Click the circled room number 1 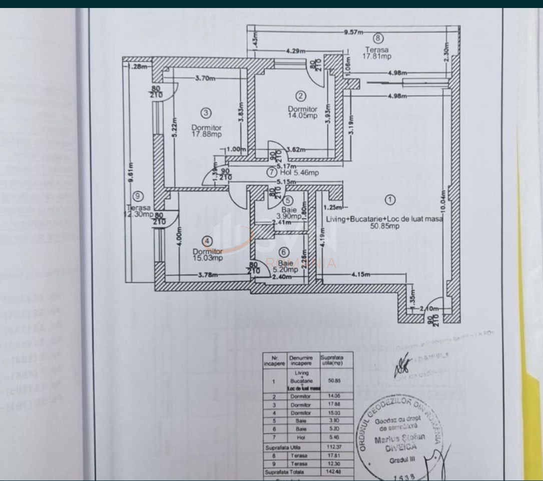click(x=389, y=199)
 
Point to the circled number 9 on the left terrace click(x=139, y=196)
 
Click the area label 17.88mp click(x=206, y=134)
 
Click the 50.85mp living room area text click(x=384, y=226)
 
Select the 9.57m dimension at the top click(x=353, y=32)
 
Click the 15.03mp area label click(x=207, y=258)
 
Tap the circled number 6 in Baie click(x=284, y=252)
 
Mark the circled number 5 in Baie click(x=283, y=200)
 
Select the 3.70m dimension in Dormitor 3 click(x=205, y=78)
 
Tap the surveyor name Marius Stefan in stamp click(x=400, y=437)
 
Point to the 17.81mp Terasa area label click(x=377, y=56)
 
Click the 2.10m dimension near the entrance click(x=426, y=309)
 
